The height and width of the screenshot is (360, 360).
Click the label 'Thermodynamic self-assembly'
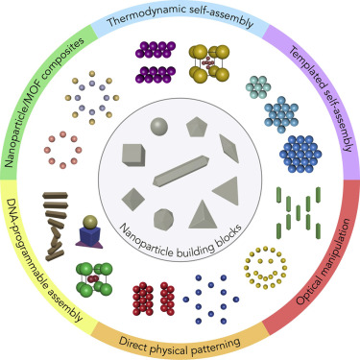click(x=180, y=16)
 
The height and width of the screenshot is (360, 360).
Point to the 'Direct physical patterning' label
click(x=180, y=342)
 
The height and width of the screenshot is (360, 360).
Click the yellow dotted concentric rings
click(x=265, y=266)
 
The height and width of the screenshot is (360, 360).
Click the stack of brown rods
click(x=58, y=218)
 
